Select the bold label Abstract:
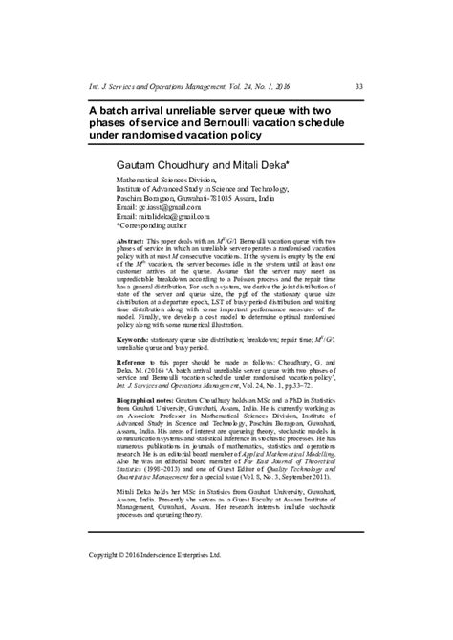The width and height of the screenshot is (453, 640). point(132,245)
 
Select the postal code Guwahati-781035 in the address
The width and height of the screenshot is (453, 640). point(224,197)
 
